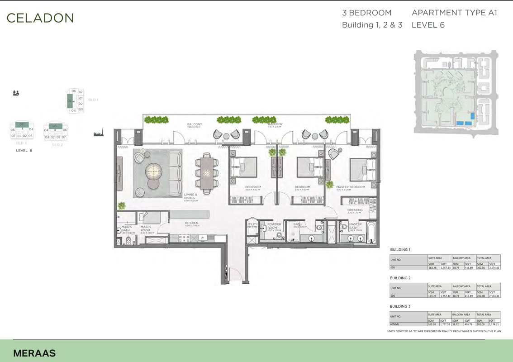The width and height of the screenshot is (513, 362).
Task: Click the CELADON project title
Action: (x=40, y=18)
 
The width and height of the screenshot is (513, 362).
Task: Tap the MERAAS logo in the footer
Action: (x=34, y=353)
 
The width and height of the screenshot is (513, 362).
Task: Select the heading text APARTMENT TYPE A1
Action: (x=454, y=13)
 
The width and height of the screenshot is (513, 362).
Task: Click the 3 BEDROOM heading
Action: (x=366, y=13)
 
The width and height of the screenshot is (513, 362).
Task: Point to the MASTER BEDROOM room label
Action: (x=350, y=187)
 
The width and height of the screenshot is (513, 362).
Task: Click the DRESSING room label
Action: (x=355, y=210)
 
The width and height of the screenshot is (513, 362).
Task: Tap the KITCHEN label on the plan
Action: (x=192, y=223)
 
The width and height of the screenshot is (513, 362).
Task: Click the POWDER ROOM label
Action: (x=274, y=226)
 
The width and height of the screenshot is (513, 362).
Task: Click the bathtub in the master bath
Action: (x=370, y=229)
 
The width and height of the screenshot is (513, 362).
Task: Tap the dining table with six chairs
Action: (x=206, y=172)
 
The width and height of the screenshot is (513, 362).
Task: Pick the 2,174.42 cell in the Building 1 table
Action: (x=494, y=268)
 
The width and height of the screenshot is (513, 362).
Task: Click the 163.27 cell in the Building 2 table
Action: (x=433, y=296)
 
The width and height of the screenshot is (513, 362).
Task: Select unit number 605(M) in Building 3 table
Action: (x=395, y=324)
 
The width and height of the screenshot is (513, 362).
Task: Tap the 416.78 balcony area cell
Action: (x=469, y=324)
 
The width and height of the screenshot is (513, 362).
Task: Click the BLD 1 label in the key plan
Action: (x=93, y=100)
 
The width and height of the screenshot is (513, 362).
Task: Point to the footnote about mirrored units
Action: (x=444, y=331)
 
